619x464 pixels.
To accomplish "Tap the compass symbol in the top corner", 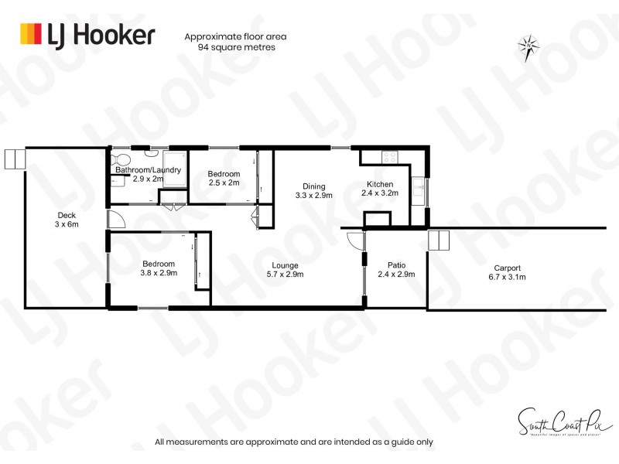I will [x=528, y=49].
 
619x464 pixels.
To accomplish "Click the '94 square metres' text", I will [x=236, y=47].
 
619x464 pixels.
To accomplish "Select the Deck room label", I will [x=67, y=216].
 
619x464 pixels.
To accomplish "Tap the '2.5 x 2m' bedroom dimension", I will [x=223, y=183].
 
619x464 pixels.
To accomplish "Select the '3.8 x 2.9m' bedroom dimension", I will [x=158, y=272].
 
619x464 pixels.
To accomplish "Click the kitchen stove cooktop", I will [x=390, y=157].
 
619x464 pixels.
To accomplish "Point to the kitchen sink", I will [x=419, y=186].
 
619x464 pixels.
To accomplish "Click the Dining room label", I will [x=313, y=186].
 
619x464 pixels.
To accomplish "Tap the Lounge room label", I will [x=285, y=265].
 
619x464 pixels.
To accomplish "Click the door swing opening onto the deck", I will [x=114, y=219].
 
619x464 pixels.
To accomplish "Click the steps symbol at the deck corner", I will [x=15, y=159].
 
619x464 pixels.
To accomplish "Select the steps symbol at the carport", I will [x=438, y=240].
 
